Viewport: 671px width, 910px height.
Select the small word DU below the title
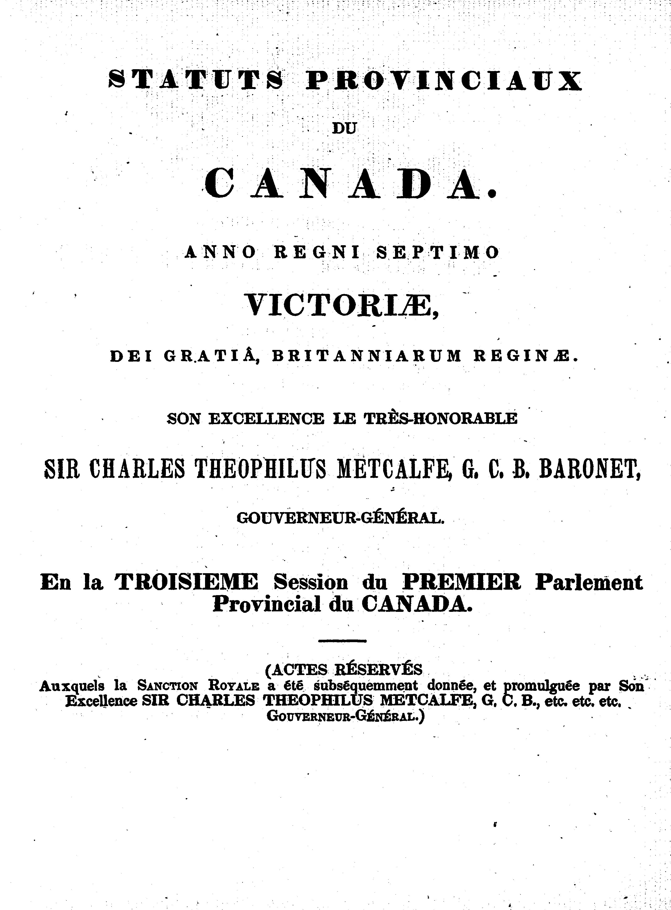coord(344,129)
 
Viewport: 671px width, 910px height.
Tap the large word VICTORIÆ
coord(341,304)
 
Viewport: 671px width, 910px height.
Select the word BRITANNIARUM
coord(367,356)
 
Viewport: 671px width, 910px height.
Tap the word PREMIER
coord(461,582)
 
